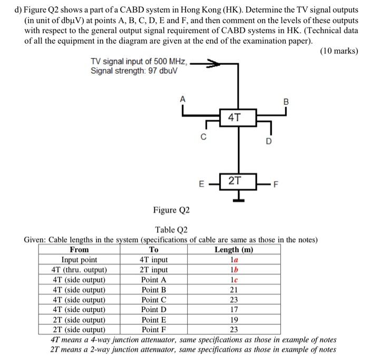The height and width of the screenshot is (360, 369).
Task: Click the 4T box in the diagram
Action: click(235, 118)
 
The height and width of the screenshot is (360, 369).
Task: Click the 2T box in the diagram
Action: click(235, 181)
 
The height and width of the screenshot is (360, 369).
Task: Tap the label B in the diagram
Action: click(286, 101)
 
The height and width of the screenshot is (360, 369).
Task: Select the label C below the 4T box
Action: click(202, 139)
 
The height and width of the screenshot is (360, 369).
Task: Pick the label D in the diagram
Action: click(268, 142)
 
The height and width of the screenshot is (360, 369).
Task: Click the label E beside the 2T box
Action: click(201, 185)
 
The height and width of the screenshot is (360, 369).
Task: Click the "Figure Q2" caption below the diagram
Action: click(171, 210)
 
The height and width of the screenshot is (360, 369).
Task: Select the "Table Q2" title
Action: click(171, 230)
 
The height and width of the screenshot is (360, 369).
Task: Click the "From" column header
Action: click(79, 249)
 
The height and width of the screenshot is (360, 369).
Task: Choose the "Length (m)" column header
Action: click(234, 249)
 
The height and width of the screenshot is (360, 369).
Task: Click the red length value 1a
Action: click(235, 259)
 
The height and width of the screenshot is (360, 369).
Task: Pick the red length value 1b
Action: click(235, 269)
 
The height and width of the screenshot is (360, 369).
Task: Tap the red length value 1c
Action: click(235, 279)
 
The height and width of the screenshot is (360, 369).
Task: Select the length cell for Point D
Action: click(235, 309)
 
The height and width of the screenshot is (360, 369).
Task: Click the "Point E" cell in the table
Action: click(154, 319)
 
